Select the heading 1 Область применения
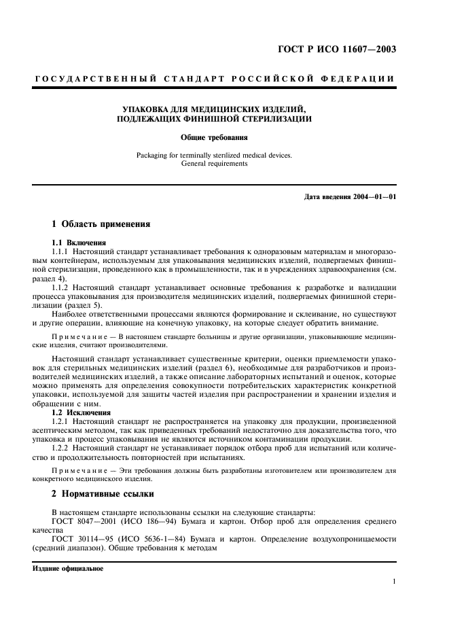(101, 224)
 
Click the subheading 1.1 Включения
(77, 243)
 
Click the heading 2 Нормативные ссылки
(103, 494)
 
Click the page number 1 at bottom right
(394, 582)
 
